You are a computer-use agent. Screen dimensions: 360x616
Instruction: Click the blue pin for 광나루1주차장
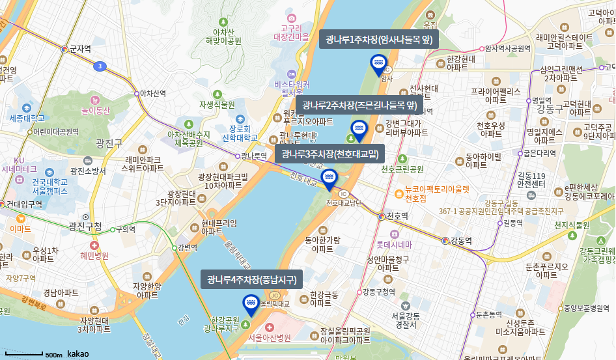pos(378,64)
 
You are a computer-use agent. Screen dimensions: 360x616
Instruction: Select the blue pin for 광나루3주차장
pos(329,178)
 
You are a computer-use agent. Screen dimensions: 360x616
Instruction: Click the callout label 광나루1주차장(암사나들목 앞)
pos(378,40)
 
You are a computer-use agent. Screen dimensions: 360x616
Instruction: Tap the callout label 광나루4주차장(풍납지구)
pos(251,281)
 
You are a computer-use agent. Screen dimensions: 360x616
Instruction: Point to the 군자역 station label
pos(80,49)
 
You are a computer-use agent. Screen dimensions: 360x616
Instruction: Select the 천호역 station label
pos(397,216)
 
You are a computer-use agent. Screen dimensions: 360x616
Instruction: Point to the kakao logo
pos(78,353)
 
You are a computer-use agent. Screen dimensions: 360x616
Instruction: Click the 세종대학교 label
pos(27,118)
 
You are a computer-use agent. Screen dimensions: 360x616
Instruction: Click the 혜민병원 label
pos(94,256)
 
